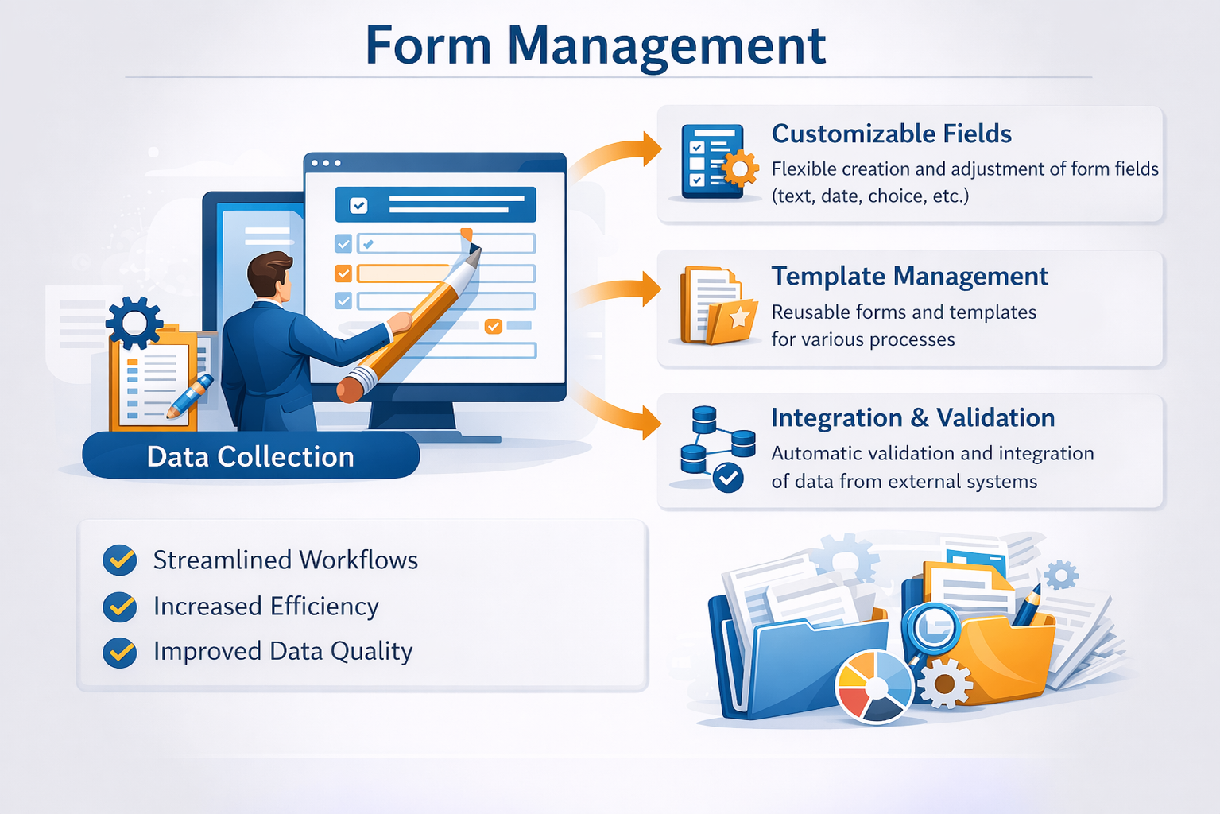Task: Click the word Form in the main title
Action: pyautogui.click(x=428, y=45)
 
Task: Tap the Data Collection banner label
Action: pyautogui.click(x=250, y=456)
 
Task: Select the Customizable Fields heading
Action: pyautogui.click(x=891, y=134)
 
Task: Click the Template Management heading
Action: pyautogui.click(x=909, y=276)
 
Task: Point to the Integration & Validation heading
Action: pyautogui.click(x=912, y=418)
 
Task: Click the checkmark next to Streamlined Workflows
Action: pyautogui.click(x=120, y=560)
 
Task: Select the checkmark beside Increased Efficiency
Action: pyautogui.click(x=120, y=607)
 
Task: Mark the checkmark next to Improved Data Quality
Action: pyautogui.click(x=120, y=652)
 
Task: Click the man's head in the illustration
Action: pyautogui.click(x=269, y=275)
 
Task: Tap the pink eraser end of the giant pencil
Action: pyautogui.click(x=350, y=389)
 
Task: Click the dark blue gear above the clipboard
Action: pyautogui.click(x=134, y=322)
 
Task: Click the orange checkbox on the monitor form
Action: pyautogui.click(x=343, y=273)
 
